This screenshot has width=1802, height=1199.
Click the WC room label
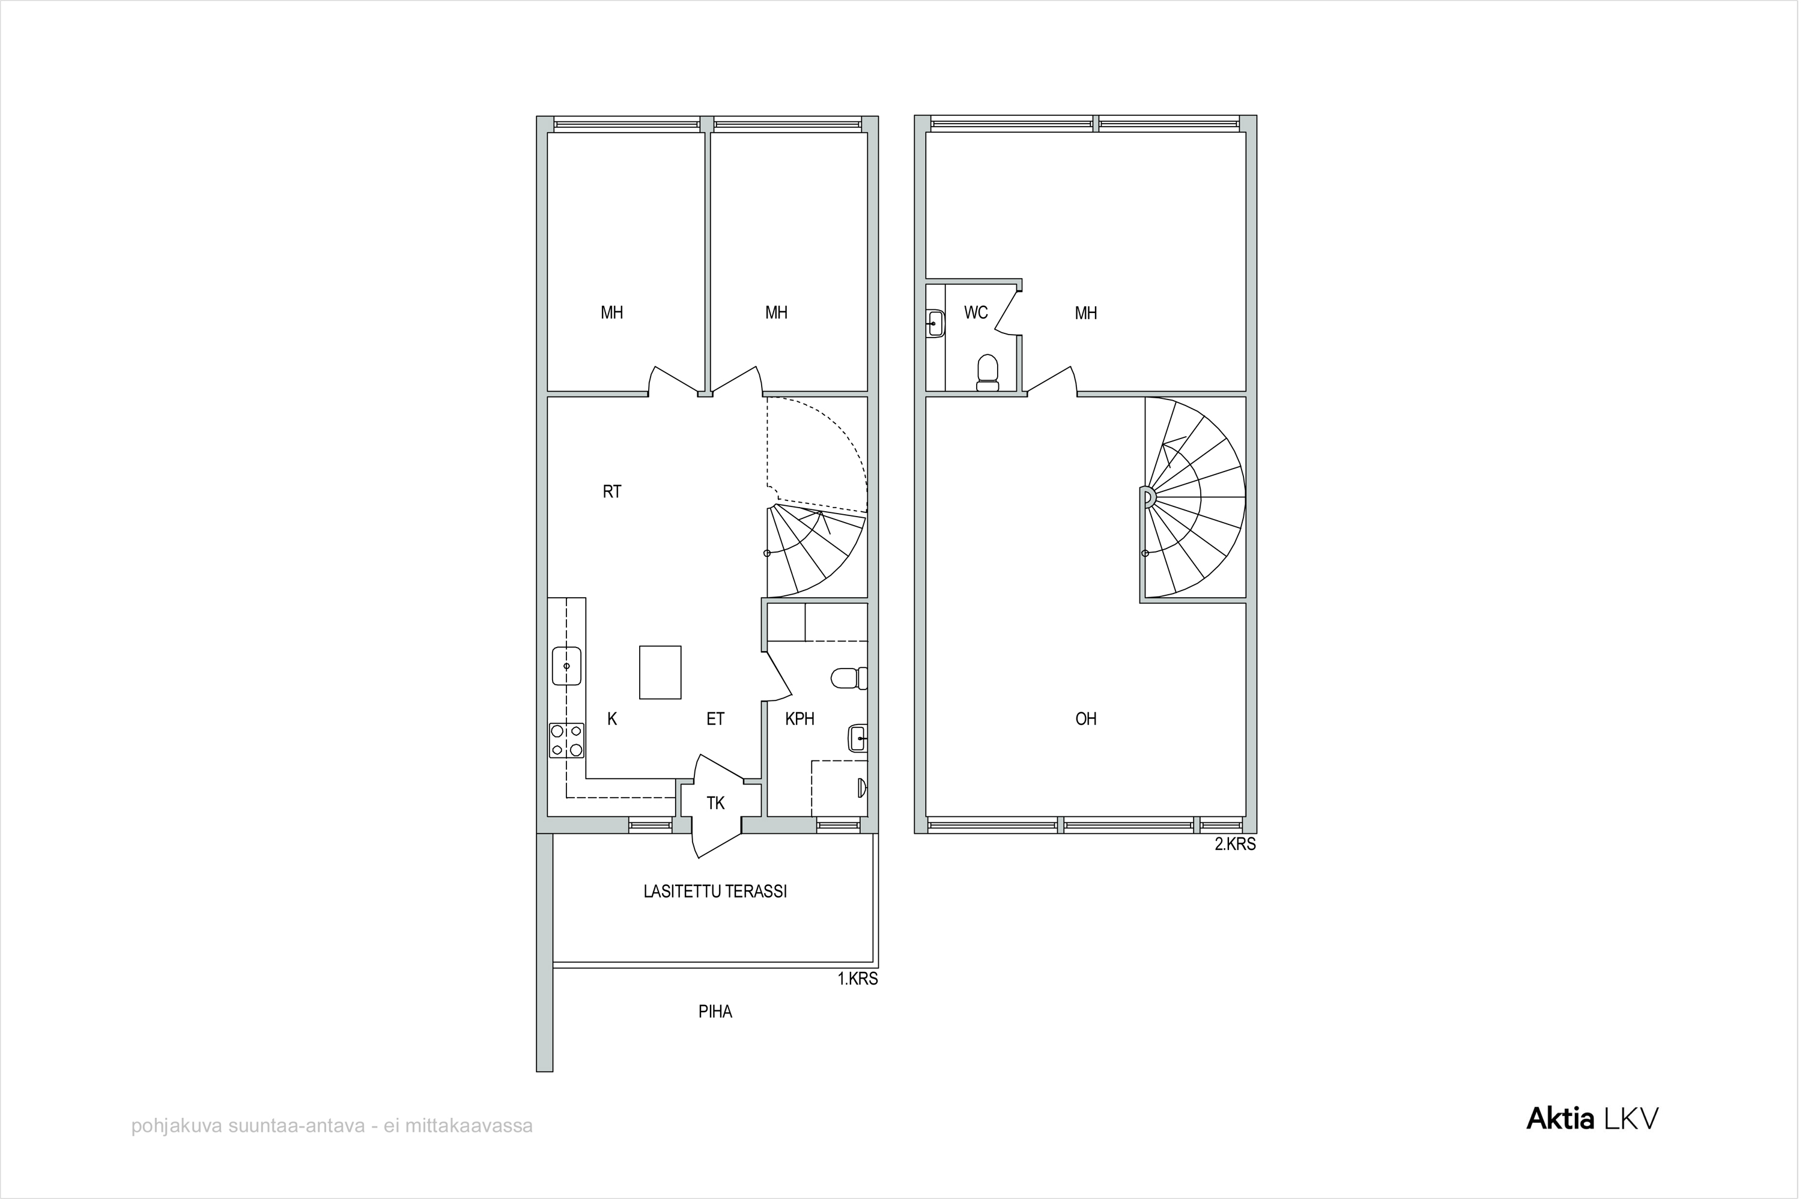coord(975,313)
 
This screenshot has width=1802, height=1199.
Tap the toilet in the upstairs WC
coord(987,372)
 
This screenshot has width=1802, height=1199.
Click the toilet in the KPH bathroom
coord(849,678)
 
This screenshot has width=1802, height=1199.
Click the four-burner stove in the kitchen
coord(566,740)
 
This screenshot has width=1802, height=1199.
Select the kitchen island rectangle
coord(660,672)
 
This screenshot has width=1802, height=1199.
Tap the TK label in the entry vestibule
coord(715,803)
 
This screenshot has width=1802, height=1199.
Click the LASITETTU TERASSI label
coord(715,891)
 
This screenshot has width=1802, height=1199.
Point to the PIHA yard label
coord(715,1012)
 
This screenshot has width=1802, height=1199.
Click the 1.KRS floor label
coord(858,979)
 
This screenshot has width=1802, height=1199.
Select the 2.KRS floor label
coord(1236,844)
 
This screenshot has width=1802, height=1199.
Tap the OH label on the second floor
coord(1085,719)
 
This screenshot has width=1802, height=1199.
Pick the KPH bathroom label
coord(799,719)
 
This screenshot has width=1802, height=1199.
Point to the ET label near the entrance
coord(715,719)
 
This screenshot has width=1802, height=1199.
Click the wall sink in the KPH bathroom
coord(858,738)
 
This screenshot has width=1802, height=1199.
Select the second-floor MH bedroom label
coord(1085,313)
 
